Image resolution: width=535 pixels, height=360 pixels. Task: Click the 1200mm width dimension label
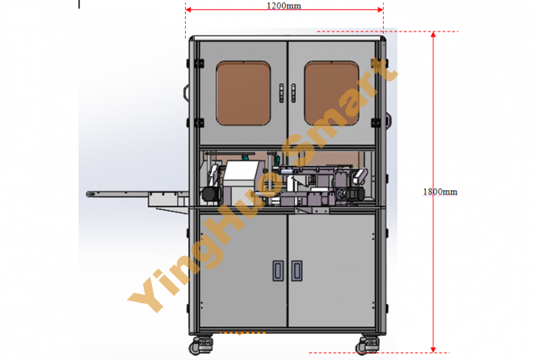point(284,5)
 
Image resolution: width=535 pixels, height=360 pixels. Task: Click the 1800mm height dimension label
point(440,192)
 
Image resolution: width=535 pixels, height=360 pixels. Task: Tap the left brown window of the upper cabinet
point(243,93)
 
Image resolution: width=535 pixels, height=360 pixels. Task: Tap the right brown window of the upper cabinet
point(331,93)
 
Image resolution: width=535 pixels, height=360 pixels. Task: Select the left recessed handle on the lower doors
point(278,271)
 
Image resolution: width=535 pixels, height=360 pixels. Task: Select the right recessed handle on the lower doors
point(297,271)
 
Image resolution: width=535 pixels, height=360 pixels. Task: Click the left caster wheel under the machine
point(200,345)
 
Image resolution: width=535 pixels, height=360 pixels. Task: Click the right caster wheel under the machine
point(367,345)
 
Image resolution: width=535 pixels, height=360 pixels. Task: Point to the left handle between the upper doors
point(281,92)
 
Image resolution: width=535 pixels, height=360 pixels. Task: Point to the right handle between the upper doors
point(293,92)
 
